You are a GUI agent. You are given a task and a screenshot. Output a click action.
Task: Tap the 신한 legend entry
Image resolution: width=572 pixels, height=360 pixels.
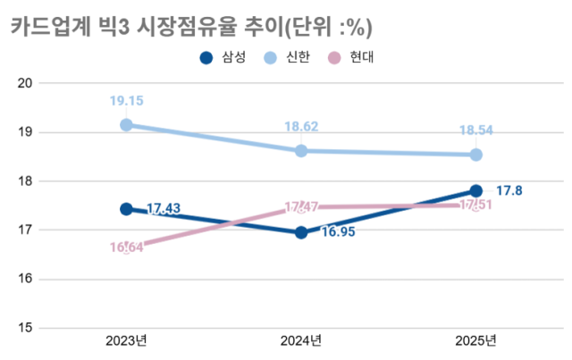tap(288, 58)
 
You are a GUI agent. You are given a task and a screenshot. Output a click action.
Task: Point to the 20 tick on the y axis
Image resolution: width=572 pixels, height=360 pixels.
tap(25, 83)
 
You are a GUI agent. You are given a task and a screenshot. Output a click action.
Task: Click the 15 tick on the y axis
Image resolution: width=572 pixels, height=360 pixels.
tap(25, 328)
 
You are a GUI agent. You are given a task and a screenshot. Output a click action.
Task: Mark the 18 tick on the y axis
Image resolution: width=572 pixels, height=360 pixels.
tap(25, 181)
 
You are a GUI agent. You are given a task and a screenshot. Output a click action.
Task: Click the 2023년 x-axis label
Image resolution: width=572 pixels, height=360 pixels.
tap(126, 341)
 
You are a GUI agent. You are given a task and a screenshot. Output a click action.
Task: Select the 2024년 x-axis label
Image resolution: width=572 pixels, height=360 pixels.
tap(301, 341)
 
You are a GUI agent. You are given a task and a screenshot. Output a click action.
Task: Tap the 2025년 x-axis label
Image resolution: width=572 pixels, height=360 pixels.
tap(475, 341)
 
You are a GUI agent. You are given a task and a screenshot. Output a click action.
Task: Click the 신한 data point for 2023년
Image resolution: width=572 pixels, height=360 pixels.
tap(126, 125)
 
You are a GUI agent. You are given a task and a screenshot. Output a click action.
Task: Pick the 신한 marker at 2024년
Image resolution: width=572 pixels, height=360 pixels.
tap(301, 151)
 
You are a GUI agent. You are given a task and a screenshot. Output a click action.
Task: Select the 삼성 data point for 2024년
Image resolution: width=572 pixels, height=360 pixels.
tap(301, 232)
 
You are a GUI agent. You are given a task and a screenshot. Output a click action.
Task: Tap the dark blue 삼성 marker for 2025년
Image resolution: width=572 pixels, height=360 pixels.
tap(475, 190)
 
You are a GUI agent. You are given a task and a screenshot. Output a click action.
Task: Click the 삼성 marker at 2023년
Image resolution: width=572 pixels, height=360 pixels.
tap(126, 209)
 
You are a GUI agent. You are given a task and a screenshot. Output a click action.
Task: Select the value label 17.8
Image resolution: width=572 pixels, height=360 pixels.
tap(509, 190)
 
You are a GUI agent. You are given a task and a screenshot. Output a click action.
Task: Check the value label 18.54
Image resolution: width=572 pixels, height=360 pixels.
tap(475, 130)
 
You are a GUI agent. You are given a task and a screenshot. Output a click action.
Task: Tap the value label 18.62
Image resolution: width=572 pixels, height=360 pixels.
tap(301, 127)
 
